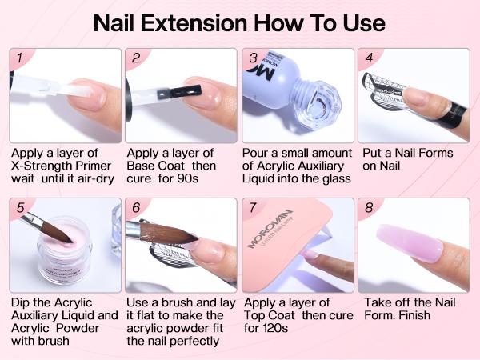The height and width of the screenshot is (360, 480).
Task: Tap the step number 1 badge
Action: pos(18,58)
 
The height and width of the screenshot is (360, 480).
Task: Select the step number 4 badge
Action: pos(369,58)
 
